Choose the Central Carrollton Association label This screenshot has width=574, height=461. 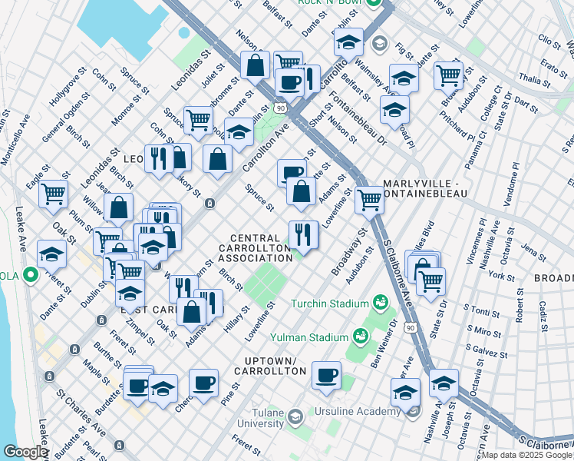(255, 247)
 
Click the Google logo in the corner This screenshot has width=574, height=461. (25, 452)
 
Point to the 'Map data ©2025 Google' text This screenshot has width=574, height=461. (526, 455)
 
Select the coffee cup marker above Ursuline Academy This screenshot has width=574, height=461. (327, 375)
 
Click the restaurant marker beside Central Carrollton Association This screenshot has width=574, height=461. (303, 234)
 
